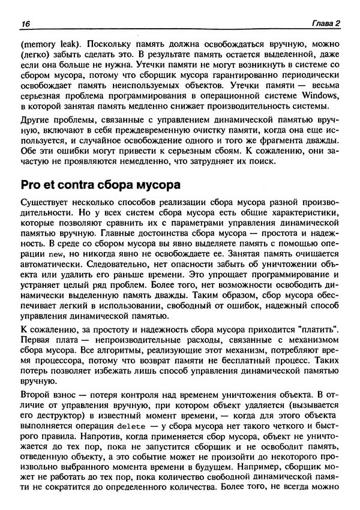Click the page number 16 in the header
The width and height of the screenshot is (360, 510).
(25, 23)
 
